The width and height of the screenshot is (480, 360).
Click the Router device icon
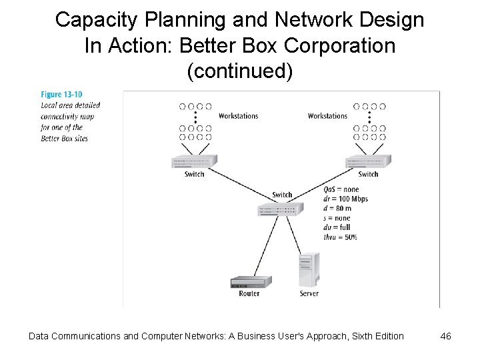pyautogui.click(x=249, y=281)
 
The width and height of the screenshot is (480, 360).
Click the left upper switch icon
pyautogui.click(x=195, y=163)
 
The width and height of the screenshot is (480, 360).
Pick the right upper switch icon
pyautogui.click(x=367, y=163)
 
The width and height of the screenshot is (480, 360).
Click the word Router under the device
pyautogui.click(x=249, y=293)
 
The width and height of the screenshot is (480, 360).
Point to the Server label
pyautogui.click(x=309, y=293)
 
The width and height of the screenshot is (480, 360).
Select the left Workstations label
pyautogui.click(x=238, y=116)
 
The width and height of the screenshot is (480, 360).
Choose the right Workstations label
pyautogui.click(x=327, y=116)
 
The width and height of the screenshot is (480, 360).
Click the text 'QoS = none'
pyautogui.click(x=341, y=189)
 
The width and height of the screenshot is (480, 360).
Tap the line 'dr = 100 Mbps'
pyautogui.click(x=345, y=199)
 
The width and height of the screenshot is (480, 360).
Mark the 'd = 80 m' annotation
pyautogui.click(x=337, y=208)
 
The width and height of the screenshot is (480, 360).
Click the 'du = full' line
pyautogui.click(x=337, y=227)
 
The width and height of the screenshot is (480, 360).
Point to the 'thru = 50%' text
pyautogui.click(x=340, y=237)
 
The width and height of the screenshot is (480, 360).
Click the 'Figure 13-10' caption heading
pyautogui.click(x=57, y=95)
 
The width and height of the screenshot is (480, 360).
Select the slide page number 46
pyautogui.click(x=446, y=336)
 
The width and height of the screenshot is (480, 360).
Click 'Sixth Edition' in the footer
pyautogui.click(x=373, y=336)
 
